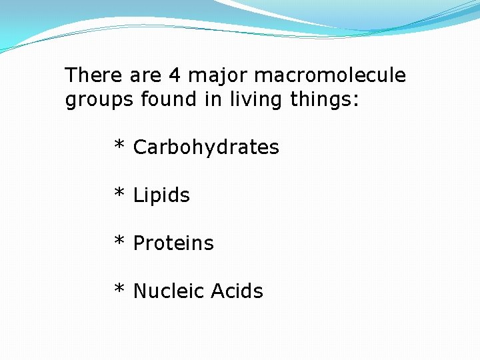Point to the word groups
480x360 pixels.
tap(100, 101)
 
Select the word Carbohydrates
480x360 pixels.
tap(206, 148)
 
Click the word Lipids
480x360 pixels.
tap(161, 196)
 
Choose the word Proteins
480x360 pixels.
tap(173, 243)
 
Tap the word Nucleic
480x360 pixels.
tap(169, 291)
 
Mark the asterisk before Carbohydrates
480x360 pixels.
tap(120, 145)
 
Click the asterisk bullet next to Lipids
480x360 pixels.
tap(120, 193)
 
